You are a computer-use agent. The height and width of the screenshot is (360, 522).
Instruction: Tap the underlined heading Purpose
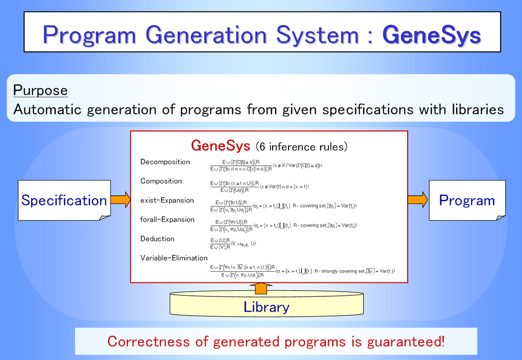[x=41, y=90]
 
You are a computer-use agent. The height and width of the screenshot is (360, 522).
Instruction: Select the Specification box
[x=64, y=200]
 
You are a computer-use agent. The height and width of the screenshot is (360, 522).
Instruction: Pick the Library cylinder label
[x=266, y=307]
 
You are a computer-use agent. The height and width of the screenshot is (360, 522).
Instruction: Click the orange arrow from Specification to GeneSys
[x=120, y=199]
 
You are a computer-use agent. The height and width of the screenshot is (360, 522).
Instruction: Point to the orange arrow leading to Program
[x=418, y=199]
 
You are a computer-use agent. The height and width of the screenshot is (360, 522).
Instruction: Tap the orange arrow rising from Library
[x=266, y=287]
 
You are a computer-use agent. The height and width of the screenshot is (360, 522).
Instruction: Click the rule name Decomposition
[x=165, y=162]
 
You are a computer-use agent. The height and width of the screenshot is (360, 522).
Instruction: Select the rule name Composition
[x=161, y=181]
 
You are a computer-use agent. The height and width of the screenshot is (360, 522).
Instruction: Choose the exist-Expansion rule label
[x=167, y=200]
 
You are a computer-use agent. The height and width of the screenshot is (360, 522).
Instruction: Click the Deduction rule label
[x=157, y=239]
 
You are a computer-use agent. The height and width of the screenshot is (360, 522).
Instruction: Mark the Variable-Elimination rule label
[x=174, y=258]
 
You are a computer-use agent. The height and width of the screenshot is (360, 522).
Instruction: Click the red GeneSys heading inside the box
[x=221, y=146]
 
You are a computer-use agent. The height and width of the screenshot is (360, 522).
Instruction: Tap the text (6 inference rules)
[x=301, y=146]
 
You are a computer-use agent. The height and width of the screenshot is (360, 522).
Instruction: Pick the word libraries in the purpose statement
[x=474, y=110]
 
